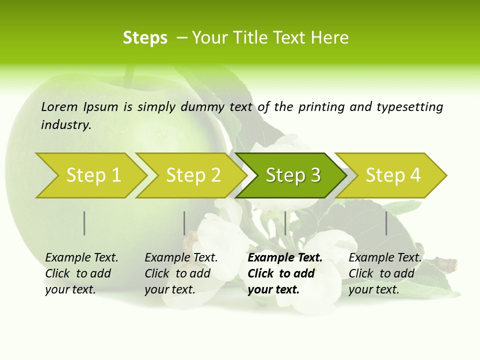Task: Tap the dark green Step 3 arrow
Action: (293, 175)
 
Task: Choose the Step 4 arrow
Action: (393, 175)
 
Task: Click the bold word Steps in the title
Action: (145, 38)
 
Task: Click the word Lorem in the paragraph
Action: (59, 107)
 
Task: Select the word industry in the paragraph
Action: (66, 125)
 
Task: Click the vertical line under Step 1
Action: (84, 223)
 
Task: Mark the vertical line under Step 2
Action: (184, 223)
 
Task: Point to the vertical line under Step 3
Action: (285, 223)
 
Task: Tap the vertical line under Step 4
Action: (386, 223)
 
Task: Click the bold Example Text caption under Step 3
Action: (285, 273)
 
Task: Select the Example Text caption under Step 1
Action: (81, 273)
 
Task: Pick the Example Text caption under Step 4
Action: (385, 273)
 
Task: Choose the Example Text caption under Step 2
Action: (181, 273)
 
